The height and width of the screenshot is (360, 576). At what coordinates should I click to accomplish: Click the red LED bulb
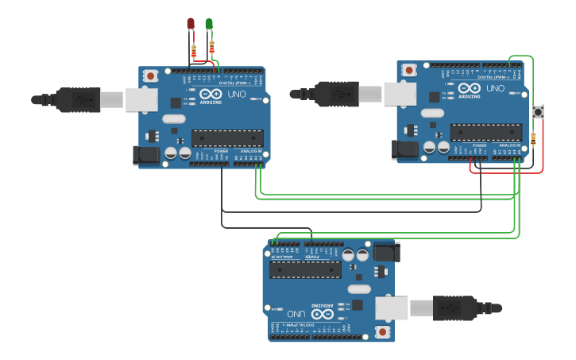tap(191, 24)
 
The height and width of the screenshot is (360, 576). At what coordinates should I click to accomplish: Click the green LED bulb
tap(209, 24)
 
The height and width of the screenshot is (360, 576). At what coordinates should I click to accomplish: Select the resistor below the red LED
tap(194, 51)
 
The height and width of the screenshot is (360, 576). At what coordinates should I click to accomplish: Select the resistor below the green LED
tap(212, 46)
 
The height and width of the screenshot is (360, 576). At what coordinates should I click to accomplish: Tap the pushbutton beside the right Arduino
tap(537, 112)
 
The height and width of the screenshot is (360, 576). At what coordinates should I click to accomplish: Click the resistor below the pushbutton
tap(532, 139)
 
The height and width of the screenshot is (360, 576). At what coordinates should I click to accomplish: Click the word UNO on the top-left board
tap(237, 94)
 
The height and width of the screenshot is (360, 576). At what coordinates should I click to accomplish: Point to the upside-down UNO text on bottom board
tap(296, 313)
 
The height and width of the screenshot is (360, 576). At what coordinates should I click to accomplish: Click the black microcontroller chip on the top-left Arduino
tap(227, 137)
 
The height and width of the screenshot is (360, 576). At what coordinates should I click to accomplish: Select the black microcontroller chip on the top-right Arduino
tap(485, 132)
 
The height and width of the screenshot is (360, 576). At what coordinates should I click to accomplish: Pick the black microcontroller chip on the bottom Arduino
tap(305, 269)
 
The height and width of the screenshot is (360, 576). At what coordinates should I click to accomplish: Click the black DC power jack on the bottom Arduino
tap(386, 252)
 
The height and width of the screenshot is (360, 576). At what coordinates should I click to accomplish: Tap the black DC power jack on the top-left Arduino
tap(147, 155)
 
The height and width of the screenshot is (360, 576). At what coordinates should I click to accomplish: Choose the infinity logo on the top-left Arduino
tap(211, 93)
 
